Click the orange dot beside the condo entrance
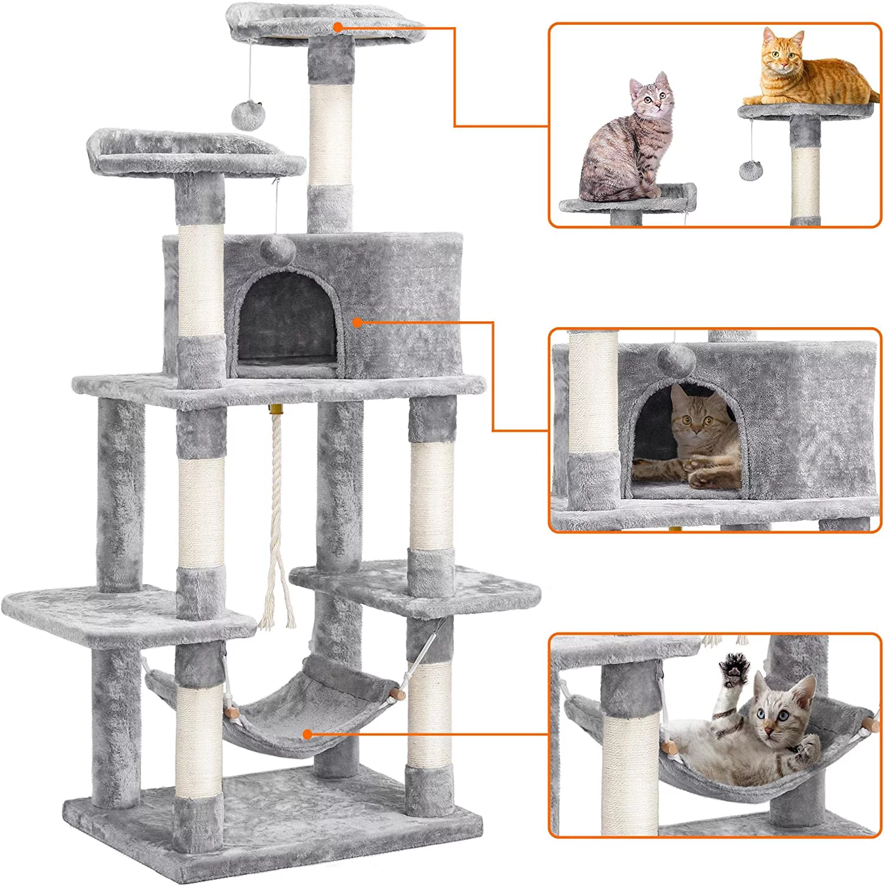(357, 322)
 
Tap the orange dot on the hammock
(307, 734)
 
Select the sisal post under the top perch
(330, 136)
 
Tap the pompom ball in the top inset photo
(750, 170)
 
